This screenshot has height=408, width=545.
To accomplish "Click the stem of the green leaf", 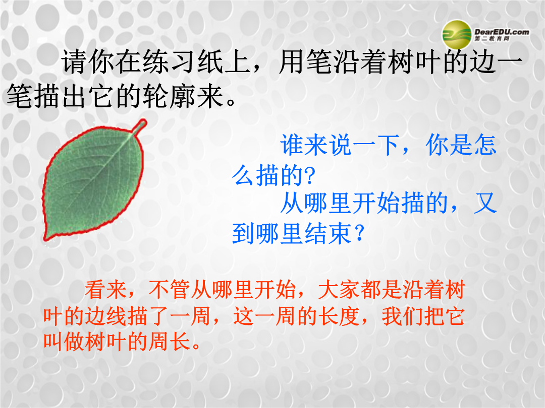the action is tap(140, 126).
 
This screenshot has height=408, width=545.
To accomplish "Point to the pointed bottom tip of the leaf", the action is tap(45, 239).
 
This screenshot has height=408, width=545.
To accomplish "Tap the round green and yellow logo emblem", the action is tap(457, 35).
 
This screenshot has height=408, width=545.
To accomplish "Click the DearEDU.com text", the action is tap(502, 32).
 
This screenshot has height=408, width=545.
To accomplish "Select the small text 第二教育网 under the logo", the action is tap(492, 39).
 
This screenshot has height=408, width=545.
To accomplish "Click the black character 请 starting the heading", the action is tap(74, 62).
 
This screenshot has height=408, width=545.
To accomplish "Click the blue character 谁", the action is tap(292, 145).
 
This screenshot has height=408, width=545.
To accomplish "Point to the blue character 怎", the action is tap(484, 145).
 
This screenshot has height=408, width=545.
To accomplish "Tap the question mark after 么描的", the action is tap(309, 176).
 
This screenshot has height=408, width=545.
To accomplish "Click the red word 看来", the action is tap(105, 289).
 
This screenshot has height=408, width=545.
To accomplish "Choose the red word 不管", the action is tap(169, 289).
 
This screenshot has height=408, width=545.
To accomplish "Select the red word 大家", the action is tap(339, 289).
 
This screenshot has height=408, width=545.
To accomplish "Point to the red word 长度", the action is tap(339, 316).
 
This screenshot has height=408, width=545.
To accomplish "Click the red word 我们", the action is tap(403, 316).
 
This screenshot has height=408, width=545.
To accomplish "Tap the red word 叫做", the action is tap(64, 342).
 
